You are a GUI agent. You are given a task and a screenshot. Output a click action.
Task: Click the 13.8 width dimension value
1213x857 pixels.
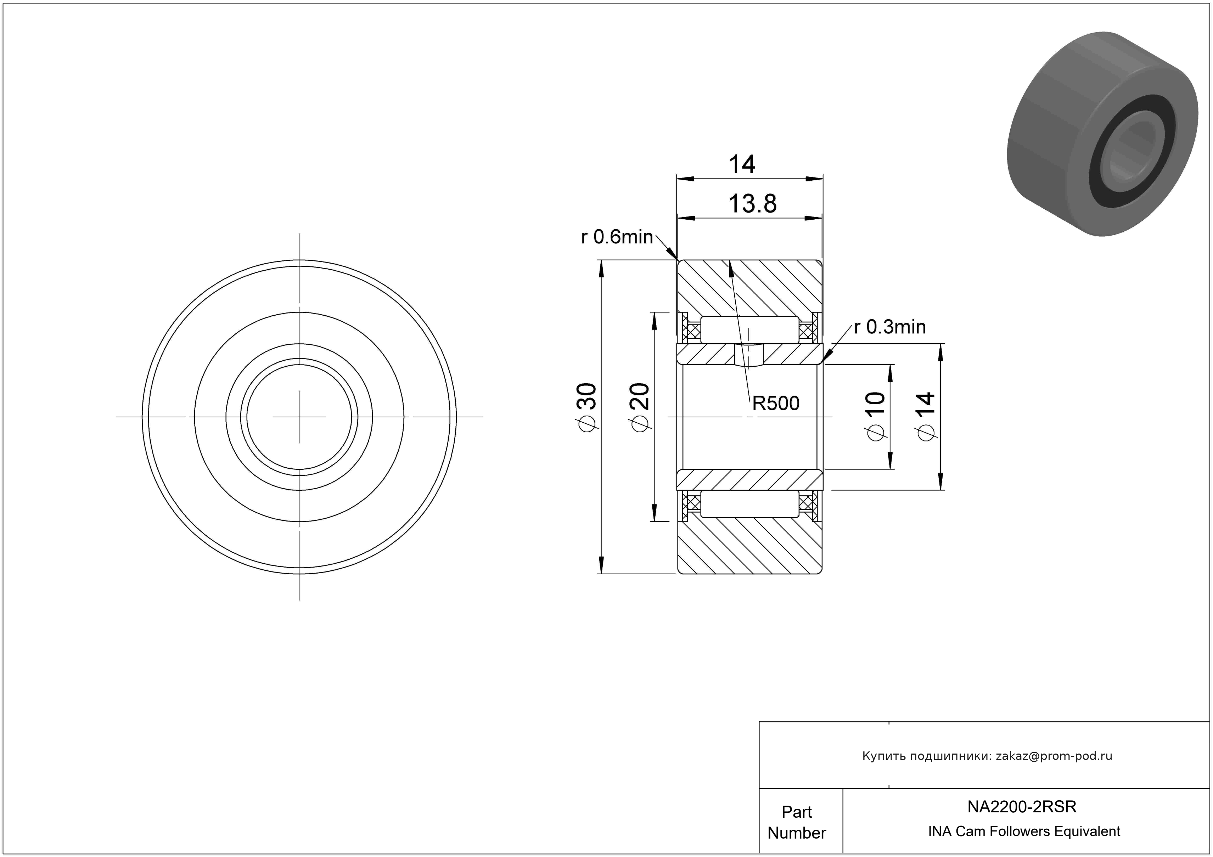click(x=752, y=204)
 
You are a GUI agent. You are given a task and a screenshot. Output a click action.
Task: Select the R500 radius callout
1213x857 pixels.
click(x=776, y=404)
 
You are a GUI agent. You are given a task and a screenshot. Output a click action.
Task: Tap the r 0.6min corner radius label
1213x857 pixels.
click(x=617, y=237)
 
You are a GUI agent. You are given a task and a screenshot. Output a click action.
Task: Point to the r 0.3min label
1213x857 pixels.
click(x=890, y=327)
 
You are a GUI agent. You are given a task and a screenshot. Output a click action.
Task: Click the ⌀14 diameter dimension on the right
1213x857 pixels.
click(x=927, y=416)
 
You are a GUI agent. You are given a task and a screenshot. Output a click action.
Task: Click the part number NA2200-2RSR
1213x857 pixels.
click(x=1022, y=806)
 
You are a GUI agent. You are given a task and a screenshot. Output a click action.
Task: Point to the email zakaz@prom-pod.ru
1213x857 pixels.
click(x=1054, y=756)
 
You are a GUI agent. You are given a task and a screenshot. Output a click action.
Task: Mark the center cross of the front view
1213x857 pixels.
click(x=299, y=417)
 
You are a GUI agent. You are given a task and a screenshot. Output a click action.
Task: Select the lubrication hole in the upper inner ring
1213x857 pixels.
click(x=749, y=354)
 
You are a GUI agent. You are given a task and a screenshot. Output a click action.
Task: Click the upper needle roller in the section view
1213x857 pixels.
click(x=749, y=330)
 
